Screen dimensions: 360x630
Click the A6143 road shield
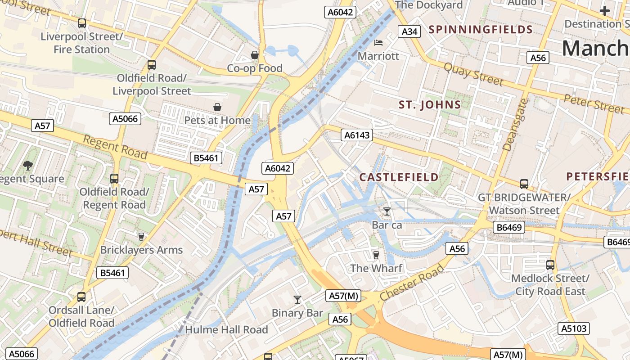coord(356,135)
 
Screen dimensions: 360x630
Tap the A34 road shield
coord(409,31)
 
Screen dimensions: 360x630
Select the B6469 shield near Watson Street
coord(510,227)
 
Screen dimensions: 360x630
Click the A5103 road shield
coord(574,328)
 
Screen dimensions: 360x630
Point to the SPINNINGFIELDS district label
coord(481,30)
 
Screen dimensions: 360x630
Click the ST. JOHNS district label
coord(430,105)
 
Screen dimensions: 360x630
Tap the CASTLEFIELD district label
coord(399,177)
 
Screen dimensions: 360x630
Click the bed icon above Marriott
coord(378,43)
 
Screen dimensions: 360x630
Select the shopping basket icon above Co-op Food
coord(255,55)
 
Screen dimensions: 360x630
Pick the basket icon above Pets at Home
coord(217,107)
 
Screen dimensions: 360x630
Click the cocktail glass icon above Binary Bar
coord(297,299)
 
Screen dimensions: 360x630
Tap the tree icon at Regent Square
coord(28,166)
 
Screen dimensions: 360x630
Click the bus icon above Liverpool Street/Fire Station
coord(81,23)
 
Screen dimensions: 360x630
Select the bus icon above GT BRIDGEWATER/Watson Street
coord(524,184)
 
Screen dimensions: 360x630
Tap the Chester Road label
coord(412,283)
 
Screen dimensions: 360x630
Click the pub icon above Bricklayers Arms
coord(141,236)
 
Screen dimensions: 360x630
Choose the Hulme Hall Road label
coord(226,330)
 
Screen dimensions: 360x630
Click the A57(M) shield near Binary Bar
coord(343,296)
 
